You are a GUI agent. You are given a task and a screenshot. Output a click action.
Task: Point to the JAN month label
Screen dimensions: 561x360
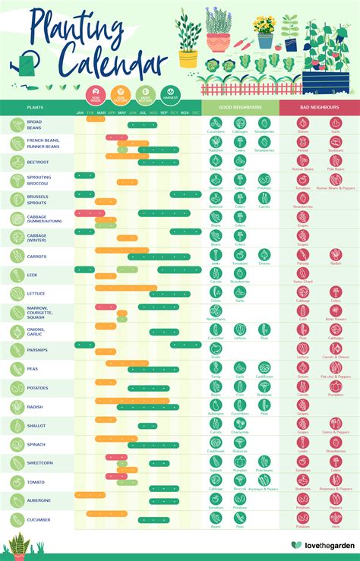pyautogui.click(x=80, y=113)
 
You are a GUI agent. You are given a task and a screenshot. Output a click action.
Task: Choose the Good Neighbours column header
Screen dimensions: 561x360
pyautogui.click(x=241, y=108)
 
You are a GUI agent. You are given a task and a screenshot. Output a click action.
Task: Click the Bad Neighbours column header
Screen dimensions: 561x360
pyautogui.click(x=319, y=108)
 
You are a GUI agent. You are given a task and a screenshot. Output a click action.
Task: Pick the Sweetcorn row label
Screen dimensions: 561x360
pyautogui.click(x=39, y=463)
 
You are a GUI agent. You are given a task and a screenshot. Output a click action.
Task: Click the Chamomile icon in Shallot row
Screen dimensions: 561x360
pyautogui.click(x=240, y=423)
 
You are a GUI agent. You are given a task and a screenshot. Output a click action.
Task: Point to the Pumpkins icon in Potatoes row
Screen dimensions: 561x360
pyautogui.click(x=335, y=386)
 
